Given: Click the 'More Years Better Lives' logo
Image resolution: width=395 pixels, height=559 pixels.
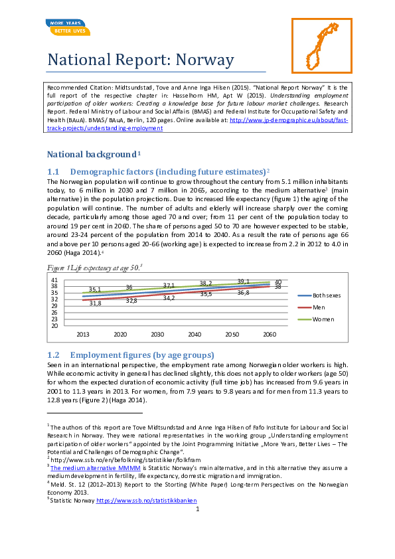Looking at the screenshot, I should tap(68, 27).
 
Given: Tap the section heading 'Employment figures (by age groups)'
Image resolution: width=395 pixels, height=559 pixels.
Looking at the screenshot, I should tap(141, 355).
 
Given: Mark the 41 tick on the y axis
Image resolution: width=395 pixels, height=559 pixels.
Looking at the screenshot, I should tap(54, 280).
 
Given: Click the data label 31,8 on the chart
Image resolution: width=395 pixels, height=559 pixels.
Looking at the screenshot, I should tap(95, 303).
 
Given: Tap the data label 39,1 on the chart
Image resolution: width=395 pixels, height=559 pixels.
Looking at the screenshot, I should tap(244, 281).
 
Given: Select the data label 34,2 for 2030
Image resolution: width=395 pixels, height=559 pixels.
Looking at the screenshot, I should tap(169, 298).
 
